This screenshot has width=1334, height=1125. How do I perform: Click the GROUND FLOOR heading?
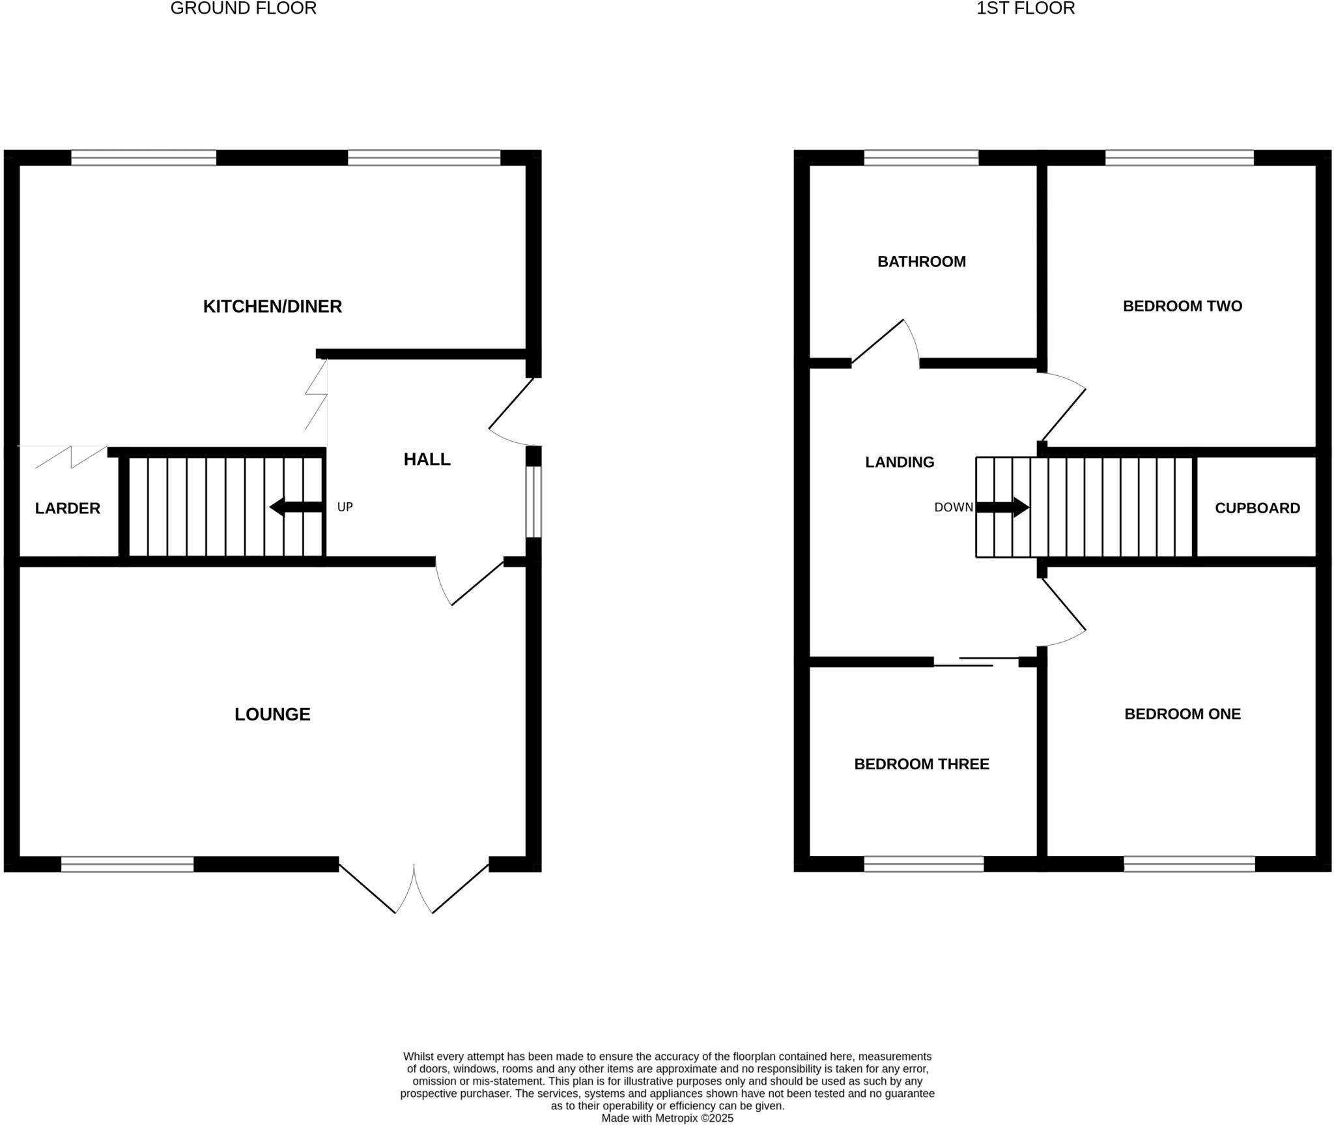(x=243, y=8)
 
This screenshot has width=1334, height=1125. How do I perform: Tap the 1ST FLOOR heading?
(x=1025, y=8)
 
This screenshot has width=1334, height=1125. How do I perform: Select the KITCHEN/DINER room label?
(x=272, y=306)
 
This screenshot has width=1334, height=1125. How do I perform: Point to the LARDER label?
(x=68, y=508)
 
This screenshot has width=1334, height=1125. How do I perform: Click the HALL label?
(x=427, y=459)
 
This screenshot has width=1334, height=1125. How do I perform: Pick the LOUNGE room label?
(x=272, y=714)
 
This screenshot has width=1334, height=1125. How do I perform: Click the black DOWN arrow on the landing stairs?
(x=1002, y=507)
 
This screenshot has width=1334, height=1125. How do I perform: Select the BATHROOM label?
(x=921, y=261)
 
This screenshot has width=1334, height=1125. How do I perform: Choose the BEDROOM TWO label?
(x=1182, y=306)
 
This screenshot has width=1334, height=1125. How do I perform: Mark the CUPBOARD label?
(x=1257, y=508)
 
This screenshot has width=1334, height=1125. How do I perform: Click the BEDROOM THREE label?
(x=921, y=763)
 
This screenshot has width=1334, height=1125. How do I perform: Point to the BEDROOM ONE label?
(x=1182, y=713)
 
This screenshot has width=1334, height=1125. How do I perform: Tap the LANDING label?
(x=900, y=462)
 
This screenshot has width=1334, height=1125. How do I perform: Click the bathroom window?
(x=921, y=158)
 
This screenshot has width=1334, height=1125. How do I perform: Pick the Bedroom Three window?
(x=924, y=864)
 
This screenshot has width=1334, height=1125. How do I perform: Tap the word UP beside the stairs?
(x=345, y=507)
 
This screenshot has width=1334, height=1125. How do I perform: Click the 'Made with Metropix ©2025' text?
(x=667, y=1118)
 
